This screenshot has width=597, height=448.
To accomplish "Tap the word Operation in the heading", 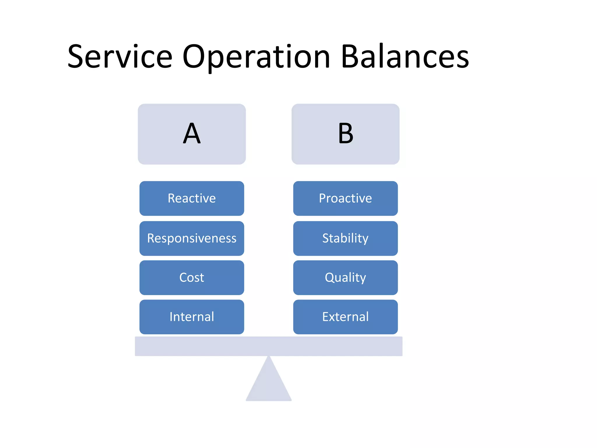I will [256, 57].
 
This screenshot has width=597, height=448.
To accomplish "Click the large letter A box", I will [192, 134].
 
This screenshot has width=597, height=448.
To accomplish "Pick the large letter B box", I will [345, 134].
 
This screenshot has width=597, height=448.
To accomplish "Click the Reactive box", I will [192, 198].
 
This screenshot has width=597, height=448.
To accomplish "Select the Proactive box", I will [345, 198].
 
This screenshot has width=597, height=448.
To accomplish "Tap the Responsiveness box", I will [192, 238].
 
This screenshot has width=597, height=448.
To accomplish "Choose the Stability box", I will [345, 238].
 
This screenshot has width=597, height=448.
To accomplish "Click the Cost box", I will [192, 277].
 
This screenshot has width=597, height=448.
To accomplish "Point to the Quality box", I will [345, 277].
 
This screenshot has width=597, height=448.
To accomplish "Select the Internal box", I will [192, 317].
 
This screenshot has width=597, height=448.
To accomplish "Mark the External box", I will [345, 317].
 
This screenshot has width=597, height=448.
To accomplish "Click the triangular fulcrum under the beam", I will [268, 385].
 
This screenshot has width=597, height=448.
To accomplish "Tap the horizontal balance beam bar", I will [268, 346].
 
